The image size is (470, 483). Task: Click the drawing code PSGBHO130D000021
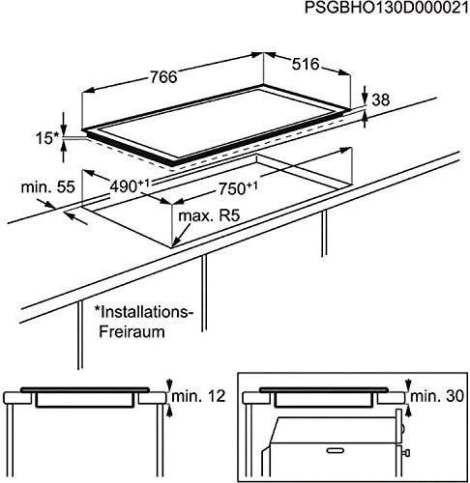[x=387, y=8]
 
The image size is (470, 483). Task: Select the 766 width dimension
[x=163, y=77]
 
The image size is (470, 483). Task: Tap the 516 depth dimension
[x=306, y=64]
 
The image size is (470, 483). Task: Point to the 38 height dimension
[x=381, y=99]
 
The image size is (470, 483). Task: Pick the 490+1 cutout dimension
[x=130, y=185]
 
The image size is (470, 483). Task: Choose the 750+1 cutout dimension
[x=238, y=188]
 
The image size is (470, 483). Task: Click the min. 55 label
[x=47, y=187]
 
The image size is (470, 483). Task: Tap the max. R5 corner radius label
[x=209, y=216]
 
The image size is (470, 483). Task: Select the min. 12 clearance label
[x=198, y=396]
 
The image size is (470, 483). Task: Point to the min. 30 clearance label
[x=437, y=396]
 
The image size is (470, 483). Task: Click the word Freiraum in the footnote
[x=132, y=331]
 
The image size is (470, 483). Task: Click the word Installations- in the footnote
[x=143, y=312]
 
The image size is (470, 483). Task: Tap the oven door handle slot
[x=337, y=450]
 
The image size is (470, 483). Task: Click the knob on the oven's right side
[x=406, y=453]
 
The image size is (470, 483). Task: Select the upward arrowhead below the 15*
[x=64, y=149]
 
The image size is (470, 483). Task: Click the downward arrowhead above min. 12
[x=169, y=385]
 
